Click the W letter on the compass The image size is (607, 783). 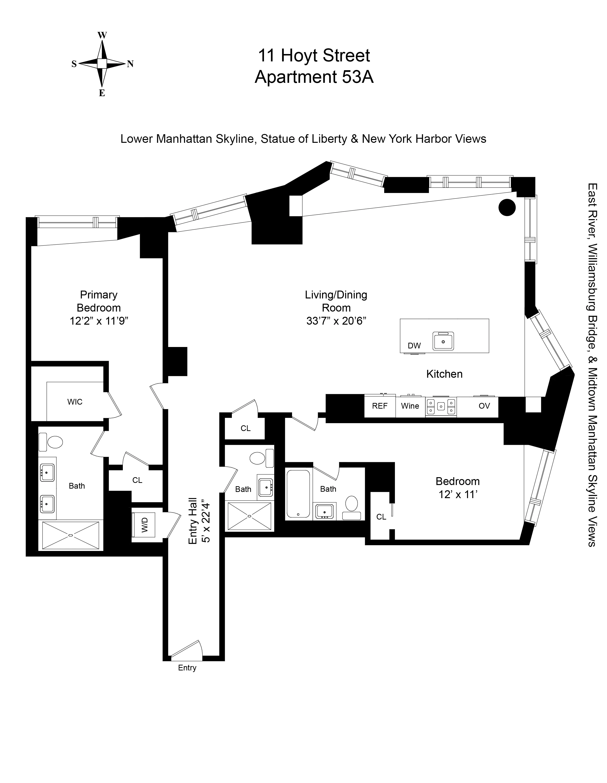click(x=102, y=35)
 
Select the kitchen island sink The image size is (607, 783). click(x=443, y=341)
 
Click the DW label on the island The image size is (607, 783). click(x=414, y=346)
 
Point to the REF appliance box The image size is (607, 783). click(x=380, y=406)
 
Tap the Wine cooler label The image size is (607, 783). click(x=410, y=406)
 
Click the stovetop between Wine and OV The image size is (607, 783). click(x=441, y=406)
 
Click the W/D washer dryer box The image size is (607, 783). click(x=144, y=525)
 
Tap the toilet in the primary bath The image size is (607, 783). click(x=55, y=442)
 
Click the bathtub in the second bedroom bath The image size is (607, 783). click(x=298, y=494)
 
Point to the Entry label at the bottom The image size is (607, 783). click(x=187, y=668)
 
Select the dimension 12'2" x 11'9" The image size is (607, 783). click(x=99, y=321)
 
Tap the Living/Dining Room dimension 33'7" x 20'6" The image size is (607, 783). click(x=336, y=321)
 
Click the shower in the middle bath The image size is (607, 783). click(x=249, y=516)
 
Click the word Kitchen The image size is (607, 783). click(x=444, y=374)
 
